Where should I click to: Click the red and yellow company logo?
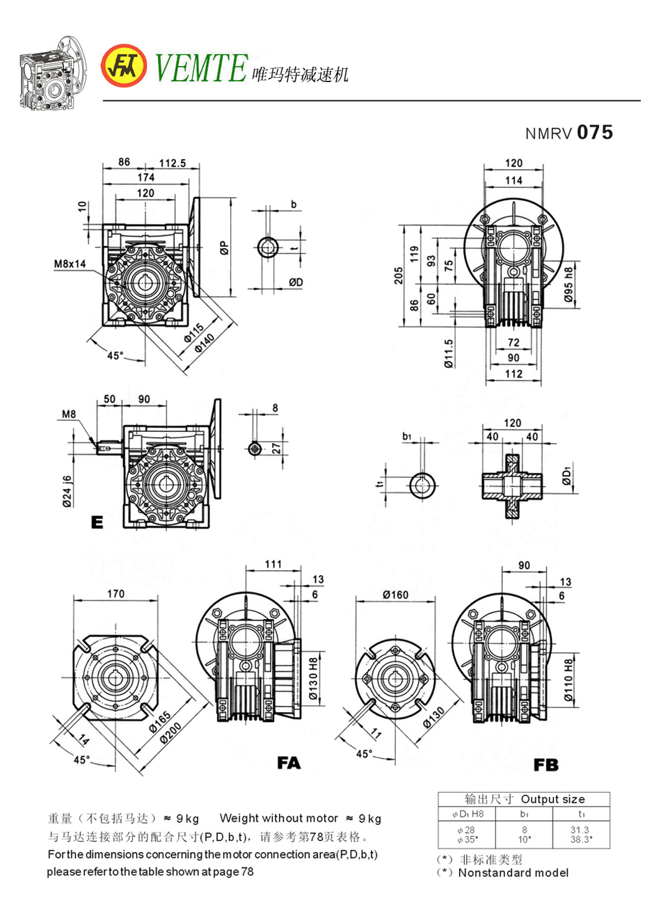124,67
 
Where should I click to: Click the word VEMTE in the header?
200,68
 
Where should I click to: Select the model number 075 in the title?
595,132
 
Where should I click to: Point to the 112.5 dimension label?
173,163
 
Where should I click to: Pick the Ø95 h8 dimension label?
569,284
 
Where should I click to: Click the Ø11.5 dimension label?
449,353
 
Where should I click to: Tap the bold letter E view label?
97,522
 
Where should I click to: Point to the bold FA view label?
289,763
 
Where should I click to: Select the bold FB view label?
546,765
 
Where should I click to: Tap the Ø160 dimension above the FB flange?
395,595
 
